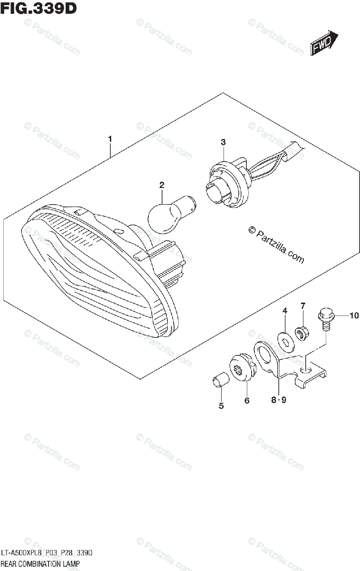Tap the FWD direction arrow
pos(324,44)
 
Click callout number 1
pos(110,139)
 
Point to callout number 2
pos(162,185)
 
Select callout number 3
pos(223,142)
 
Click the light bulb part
pos(166,214)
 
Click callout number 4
pos(285,311)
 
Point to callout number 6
pos(247,401)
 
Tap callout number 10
pos(353,315)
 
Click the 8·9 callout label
pos(279,401)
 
